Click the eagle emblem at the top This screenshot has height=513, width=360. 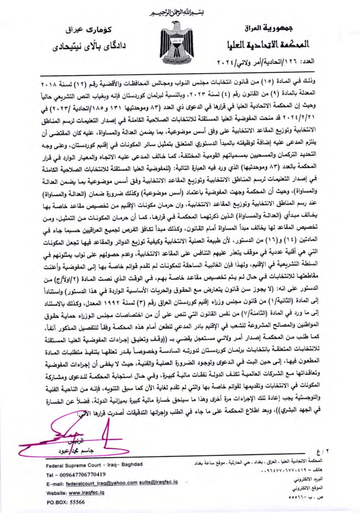tap(178, 43)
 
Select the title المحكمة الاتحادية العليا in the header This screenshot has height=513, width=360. tap(268, 44)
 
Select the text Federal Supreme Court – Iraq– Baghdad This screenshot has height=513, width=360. tap(94, 465)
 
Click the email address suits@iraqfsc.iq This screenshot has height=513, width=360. tap(158, 482)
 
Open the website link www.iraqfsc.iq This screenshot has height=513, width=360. tap(86, 493)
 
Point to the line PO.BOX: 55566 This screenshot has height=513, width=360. tap(65, 502)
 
